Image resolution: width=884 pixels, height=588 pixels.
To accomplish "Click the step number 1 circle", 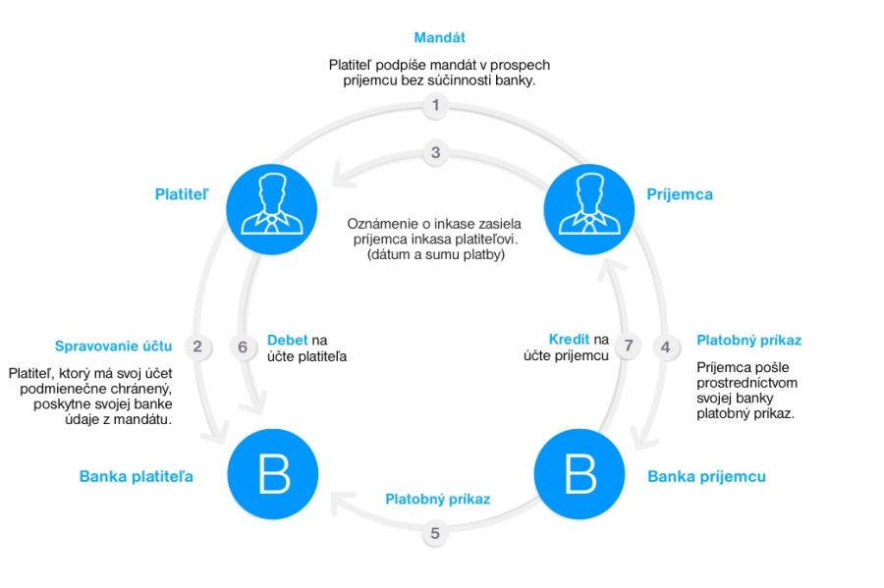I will tap(435, 106).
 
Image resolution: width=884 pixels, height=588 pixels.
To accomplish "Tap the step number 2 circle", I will tap(197, 346).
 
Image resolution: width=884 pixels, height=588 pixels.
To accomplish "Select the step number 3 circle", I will tap(435, 152).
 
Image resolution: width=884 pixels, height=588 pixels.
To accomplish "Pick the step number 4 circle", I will tap(666, 346).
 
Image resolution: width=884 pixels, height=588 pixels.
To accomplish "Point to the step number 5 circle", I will tap(435, 534).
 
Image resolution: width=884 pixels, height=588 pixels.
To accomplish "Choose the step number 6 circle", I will tap(245, 346).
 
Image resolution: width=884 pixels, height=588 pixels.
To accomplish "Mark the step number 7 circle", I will tap(630, 346).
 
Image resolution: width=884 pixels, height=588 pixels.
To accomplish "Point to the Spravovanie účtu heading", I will tap(114, 346).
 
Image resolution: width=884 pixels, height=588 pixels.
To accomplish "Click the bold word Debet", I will tap(287, 340).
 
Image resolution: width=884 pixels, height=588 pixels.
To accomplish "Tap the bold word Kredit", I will tap(570, 340).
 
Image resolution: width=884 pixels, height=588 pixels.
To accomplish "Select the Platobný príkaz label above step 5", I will tap(437, 499).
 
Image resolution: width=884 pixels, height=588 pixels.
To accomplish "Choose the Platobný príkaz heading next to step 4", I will tap(748, 341).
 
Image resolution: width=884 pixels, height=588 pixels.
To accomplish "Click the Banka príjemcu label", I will tap(706, 477).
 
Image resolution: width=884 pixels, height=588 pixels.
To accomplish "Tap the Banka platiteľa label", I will tap(136, 477).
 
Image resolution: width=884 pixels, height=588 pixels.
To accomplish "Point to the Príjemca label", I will tap(680, 194).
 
